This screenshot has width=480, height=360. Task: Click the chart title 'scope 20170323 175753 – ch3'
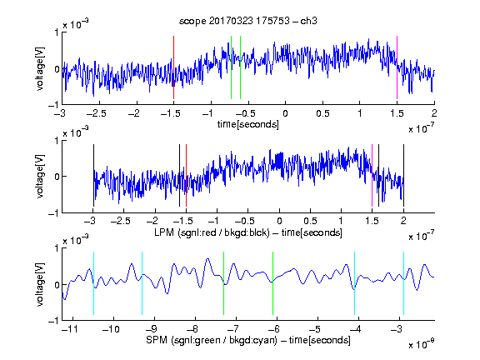pos(248,21)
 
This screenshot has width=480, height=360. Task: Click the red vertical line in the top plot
pos(173,67)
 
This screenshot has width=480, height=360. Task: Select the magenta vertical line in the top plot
pos(397,67)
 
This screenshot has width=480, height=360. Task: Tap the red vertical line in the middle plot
pos(186,175)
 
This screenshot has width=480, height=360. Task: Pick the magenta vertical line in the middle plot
pos(372,175)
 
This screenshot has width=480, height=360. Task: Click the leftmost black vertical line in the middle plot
pos(93,175)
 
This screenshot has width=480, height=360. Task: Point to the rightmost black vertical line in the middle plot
pos(403,175)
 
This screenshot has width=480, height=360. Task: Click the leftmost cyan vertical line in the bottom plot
pos(93,283)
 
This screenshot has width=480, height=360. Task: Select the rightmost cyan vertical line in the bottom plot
pos(403,283)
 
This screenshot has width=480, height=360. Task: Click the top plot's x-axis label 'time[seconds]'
pos(248,124)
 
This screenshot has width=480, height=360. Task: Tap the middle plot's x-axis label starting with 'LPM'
pos(248,232)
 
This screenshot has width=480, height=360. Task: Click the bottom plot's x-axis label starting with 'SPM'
pos(248,340)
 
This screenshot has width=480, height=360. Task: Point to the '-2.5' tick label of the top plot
pos(97,113)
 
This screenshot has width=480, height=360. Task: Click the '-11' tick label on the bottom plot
pos(70,329)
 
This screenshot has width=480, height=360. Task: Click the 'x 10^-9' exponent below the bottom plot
pos(422,344)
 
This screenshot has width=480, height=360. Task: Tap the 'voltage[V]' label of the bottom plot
pos(40,284)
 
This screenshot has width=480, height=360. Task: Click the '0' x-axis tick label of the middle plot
pos(279,221)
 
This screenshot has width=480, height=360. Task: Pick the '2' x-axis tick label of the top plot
pos(434,113)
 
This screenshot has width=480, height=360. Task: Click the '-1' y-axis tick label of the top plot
pos(53,105)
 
